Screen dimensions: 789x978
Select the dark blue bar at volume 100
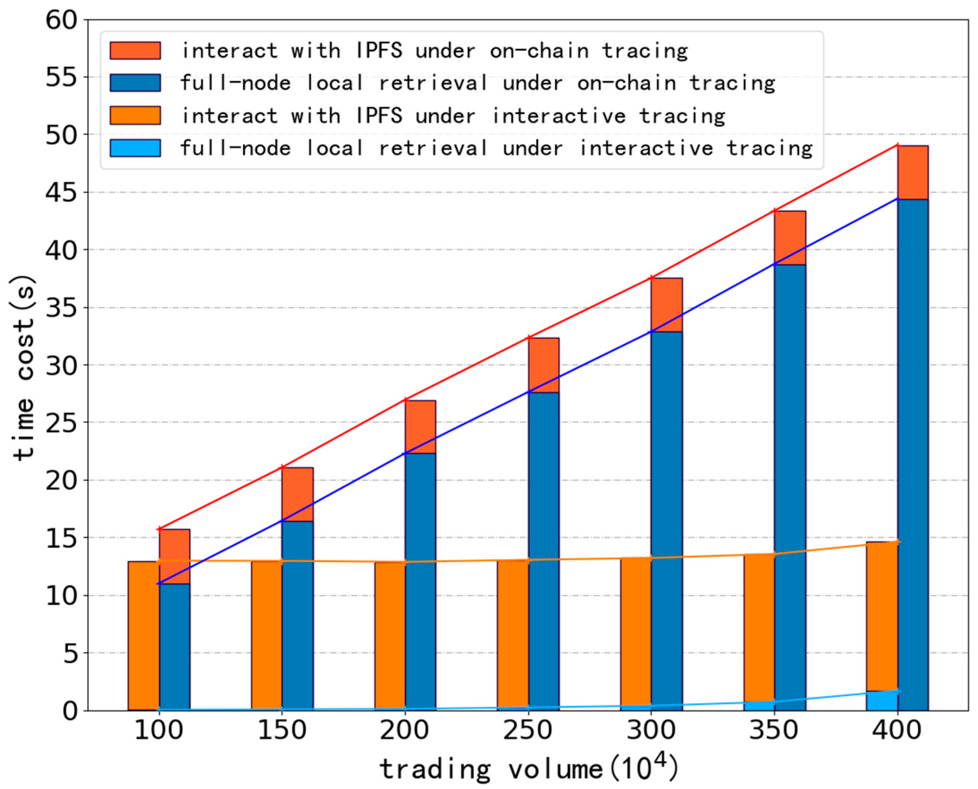click(x=175, y=645)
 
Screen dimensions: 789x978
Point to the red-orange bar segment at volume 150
click(x=297, y=494)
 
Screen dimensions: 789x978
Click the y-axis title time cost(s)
click(x=24, y=368)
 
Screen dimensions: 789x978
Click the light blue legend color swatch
click(x=135, y=148)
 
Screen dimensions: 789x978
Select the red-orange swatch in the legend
click(x=135, y=50)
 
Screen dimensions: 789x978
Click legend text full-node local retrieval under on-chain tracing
click(x=478, y=83)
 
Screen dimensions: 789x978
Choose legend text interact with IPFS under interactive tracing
click(x=453, y=116)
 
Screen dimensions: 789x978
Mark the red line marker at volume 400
click(x=897, y=145)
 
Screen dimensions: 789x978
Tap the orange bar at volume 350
click(x=759, y=632)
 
